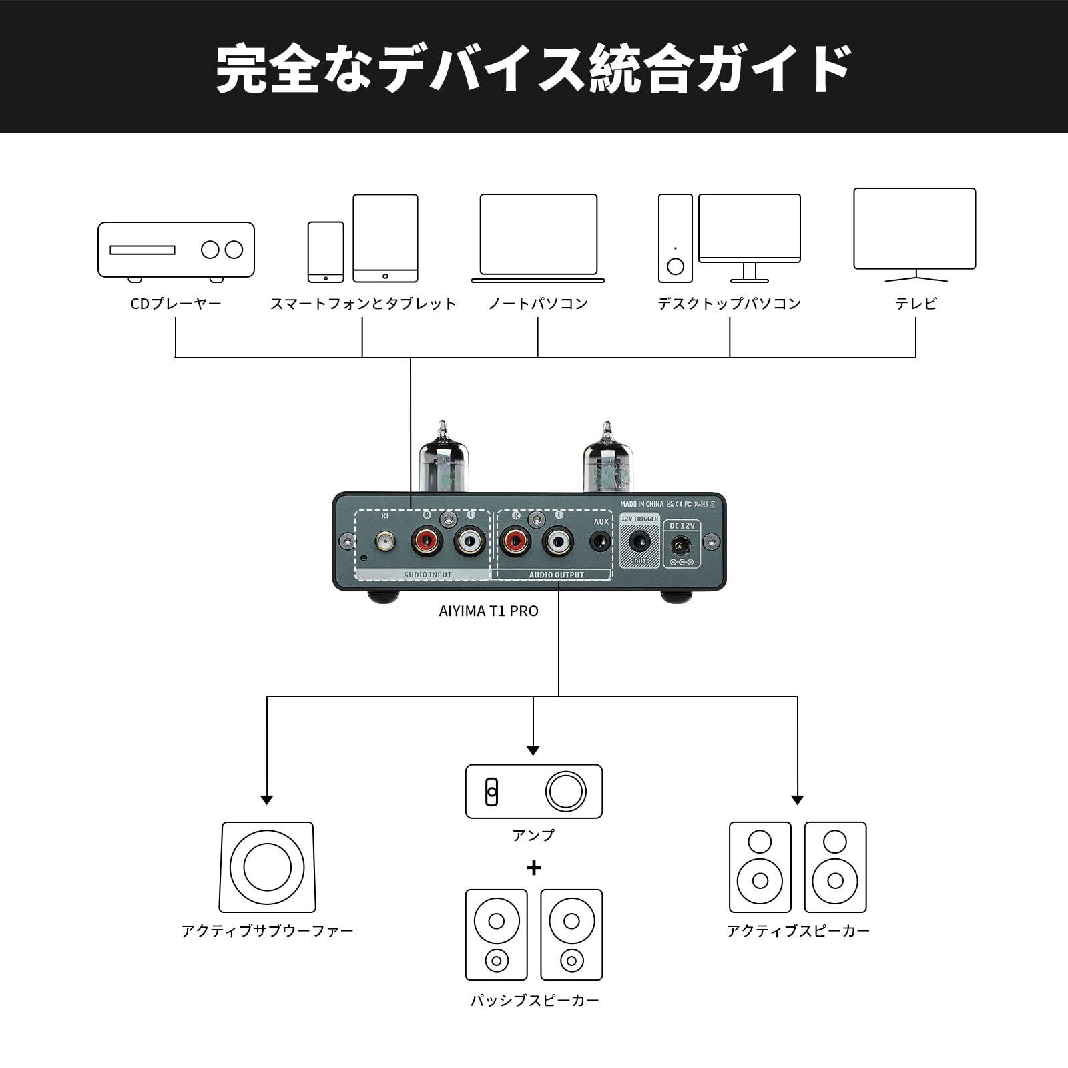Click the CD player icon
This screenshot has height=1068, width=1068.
click(176, 250)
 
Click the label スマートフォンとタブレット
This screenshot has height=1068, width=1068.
click(362, 304)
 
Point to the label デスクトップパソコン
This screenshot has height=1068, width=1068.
click(729, 304)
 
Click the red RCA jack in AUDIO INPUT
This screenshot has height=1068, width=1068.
click(427, 540)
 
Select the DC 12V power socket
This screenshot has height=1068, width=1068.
click(681, 545)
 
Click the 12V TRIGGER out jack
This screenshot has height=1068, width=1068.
click(639, 541)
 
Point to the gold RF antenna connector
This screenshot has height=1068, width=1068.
click(385, 541)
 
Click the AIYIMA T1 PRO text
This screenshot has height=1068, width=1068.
click(488, 611)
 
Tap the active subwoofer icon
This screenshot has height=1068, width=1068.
click(267, 867)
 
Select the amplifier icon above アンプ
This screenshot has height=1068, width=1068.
click(533, 792)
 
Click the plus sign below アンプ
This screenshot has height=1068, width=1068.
click(533, 868)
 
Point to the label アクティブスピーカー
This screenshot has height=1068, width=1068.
click(798, 931)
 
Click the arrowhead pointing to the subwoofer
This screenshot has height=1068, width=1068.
click(267, 800)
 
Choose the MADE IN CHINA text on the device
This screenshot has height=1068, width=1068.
click(641, 504)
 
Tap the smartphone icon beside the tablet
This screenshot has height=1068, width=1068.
click(326, 252)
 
